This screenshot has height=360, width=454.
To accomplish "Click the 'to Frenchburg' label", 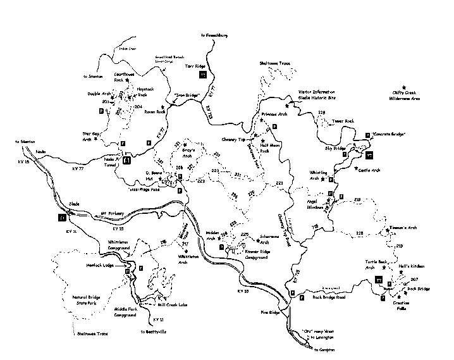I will coord(218,35).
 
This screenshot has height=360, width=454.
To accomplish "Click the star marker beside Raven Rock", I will coord(163,108).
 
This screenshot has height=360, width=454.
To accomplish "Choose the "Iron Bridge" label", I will coord(188,96).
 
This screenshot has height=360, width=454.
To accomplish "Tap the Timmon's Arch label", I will coord(402,227).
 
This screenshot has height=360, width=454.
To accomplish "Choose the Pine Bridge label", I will coord(269,311).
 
